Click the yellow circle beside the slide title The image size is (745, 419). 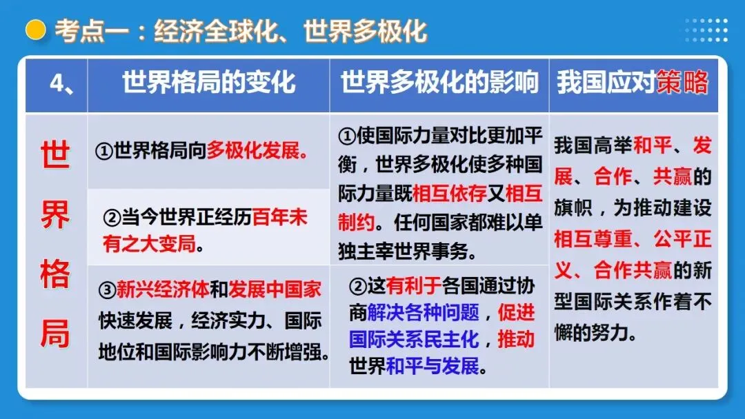click(x=34, y=30)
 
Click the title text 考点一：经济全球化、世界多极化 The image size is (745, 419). click(x=240, y=31)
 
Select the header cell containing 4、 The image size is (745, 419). click(x=57, y=83)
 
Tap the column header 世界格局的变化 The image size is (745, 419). click(x=208, y=83)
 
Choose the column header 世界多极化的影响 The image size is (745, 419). click(x=439, y=83)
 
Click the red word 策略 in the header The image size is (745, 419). click(x=682, y=83)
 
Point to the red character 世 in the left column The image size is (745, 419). click(x=55, y=156)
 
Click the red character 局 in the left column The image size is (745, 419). click(x=55, y=334)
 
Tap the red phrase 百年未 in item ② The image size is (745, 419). click(x=279, y=218)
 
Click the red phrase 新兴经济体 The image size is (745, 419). click(x=162, y=289)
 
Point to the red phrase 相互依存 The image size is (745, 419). click(x=449, y=194)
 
